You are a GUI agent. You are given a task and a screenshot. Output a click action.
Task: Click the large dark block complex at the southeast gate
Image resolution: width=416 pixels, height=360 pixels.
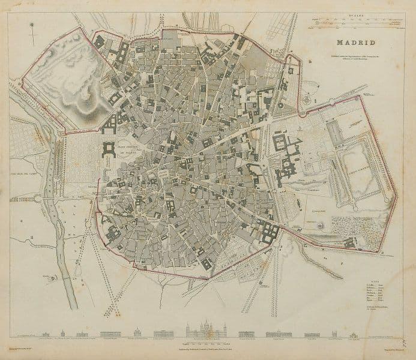click(x=267, y=231)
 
